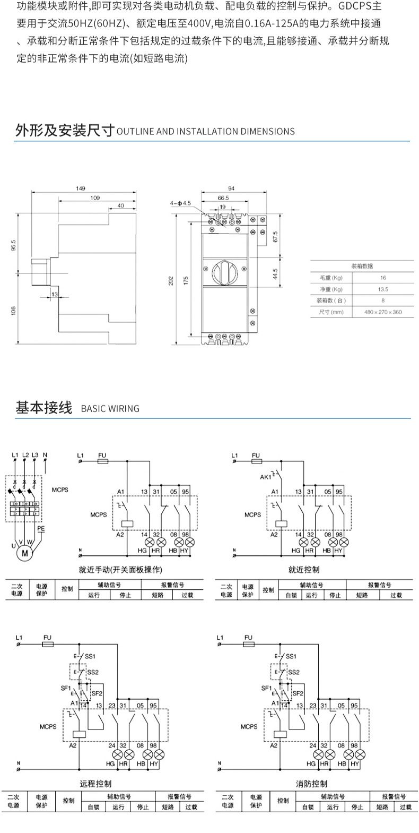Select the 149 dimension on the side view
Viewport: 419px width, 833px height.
[81, 188]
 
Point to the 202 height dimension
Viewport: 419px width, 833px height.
[171, 280]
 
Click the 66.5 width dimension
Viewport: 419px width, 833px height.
[223, 197]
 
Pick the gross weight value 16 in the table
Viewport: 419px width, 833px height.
[383, 278]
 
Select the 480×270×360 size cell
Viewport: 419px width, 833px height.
[383, 312]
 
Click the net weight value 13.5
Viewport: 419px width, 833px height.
[383, 289]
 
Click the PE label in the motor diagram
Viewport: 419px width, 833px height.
[41, 529]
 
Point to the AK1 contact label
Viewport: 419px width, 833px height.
[265, 477]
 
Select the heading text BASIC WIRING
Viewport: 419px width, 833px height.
[110, 409]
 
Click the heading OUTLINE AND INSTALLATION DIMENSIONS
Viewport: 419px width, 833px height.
[205, 132]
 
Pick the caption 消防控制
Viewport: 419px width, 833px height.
[311, 784]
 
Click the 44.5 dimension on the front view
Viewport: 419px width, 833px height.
[275, 274]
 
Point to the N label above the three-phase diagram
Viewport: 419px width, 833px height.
[45, 455]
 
